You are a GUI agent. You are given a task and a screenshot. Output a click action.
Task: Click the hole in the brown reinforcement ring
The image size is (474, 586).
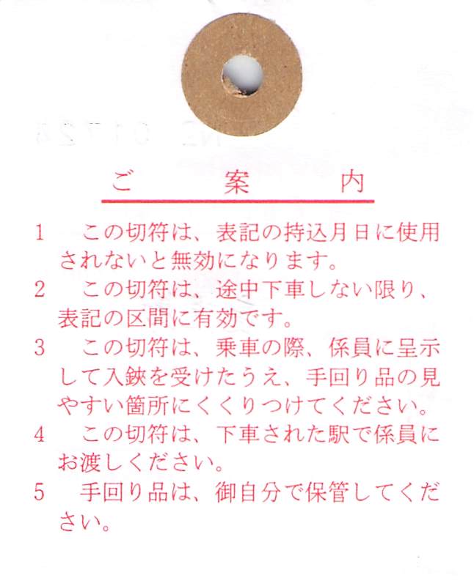click(x=243, y=76)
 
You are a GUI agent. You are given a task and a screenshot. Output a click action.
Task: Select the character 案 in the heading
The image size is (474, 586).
click(x=236, y=182)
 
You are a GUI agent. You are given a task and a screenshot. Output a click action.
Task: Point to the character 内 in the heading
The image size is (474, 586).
click(x=352, y=182)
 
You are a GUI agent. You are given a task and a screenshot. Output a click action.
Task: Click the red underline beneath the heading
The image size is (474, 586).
click(x=238, y=201)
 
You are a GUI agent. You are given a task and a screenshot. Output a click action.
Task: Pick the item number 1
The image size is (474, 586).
click(x=40, y=233)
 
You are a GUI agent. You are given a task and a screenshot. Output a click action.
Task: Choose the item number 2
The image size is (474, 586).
click(x=40, y=289)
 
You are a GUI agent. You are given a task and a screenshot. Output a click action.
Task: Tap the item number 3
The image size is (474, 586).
click(x=40, y=348)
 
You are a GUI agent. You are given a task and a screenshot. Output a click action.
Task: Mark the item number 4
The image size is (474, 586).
click(x=40, y=434)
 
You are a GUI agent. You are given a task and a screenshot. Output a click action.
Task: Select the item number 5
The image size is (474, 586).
click(x=40, y=492)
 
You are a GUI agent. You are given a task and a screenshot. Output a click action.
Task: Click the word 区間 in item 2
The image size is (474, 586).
click(x=148, y=319)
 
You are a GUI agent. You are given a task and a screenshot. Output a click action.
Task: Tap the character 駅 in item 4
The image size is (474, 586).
click(x=339, y=434)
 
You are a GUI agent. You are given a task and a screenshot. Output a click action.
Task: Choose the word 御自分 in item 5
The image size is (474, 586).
click(x=248, y=492)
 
